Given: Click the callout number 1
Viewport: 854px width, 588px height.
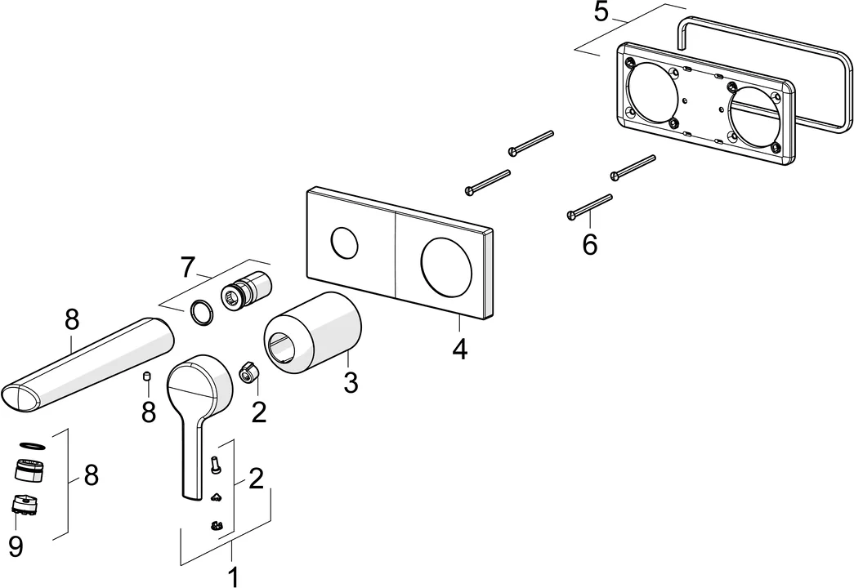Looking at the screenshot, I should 233,577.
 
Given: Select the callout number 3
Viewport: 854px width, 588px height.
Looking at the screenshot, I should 351,381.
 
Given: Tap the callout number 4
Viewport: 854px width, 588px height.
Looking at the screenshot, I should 459,349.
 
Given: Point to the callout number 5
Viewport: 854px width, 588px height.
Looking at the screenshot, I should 602,13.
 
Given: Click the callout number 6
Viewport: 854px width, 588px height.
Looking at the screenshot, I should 590,243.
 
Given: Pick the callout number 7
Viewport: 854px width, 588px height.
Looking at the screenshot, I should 188,266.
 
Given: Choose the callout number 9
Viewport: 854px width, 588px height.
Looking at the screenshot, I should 16,546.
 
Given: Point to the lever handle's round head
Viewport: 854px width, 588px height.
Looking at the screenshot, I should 200,383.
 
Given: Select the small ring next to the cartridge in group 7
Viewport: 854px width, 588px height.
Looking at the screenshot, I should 200,311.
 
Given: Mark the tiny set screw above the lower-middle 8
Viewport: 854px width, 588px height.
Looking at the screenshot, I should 148,377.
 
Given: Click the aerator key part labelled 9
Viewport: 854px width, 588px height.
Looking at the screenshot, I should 27,506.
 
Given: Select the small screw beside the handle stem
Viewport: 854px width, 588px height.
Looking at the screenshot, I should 217,465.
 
